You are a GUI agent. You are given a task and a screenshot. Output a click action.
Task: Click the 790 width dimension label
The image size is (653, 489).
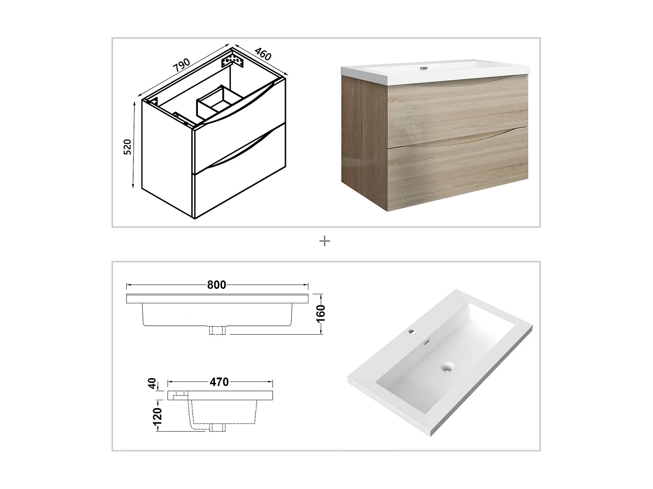[181, 65]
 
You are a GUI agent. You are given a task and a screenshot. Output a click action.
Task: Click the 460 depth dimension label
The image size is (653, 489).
[263, 54]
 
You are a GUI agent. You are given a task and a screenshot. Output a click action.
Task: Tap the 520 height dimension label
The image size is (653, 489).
[127, 147]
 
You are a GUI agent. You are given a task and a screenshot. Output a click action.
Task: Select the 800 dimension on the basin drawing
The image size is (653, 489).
[217, 285]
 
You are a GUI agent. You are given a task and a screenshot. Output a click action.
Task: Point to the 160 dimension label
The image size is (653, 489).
[321, 314]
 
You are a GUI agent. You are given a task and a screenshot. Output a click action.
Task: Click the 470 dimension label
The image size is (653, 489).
[219, 382]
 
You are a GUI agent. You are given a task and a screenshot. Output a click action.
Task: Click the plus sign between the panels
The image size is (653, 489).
[325, 242]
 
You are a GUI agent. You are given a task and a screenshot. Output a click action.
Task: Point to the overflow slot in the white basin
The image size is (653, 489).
[426, 343]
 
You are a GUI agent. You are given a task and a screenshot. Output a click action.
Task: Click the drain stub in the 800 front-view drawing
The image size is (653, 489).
[217, 330]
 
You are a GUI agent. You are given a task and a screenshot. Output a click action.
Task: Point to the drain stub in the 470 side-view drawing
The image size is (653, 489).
[217, 427]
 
